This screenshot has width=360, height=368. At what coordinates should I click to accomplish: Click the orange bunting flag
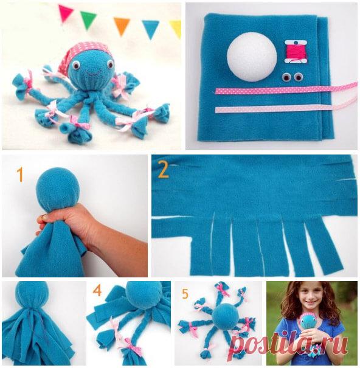pos(122,26)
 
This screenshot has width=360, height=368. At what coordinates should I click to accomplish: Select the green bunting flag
pos(88,19)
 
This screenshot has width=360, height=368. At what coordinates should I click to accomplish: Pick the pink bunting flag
pos(65,13)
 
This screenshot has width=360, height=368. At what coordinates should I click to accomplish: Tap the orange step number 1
pos(20,175)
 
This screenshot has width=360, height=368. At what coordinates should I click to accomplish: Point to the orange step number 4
pos(97,291)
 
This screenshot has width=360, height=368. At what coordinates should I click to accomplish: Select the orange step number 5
pos(185,294)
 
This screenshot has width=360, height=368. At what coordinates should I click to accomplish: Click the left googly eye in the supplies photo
pos(286,77)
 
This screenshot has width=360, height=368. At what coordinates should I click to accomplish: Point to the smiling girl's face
pos(309,297)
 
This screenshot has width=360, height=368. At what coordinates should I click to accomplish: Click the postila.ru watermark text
pos(289,344)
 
